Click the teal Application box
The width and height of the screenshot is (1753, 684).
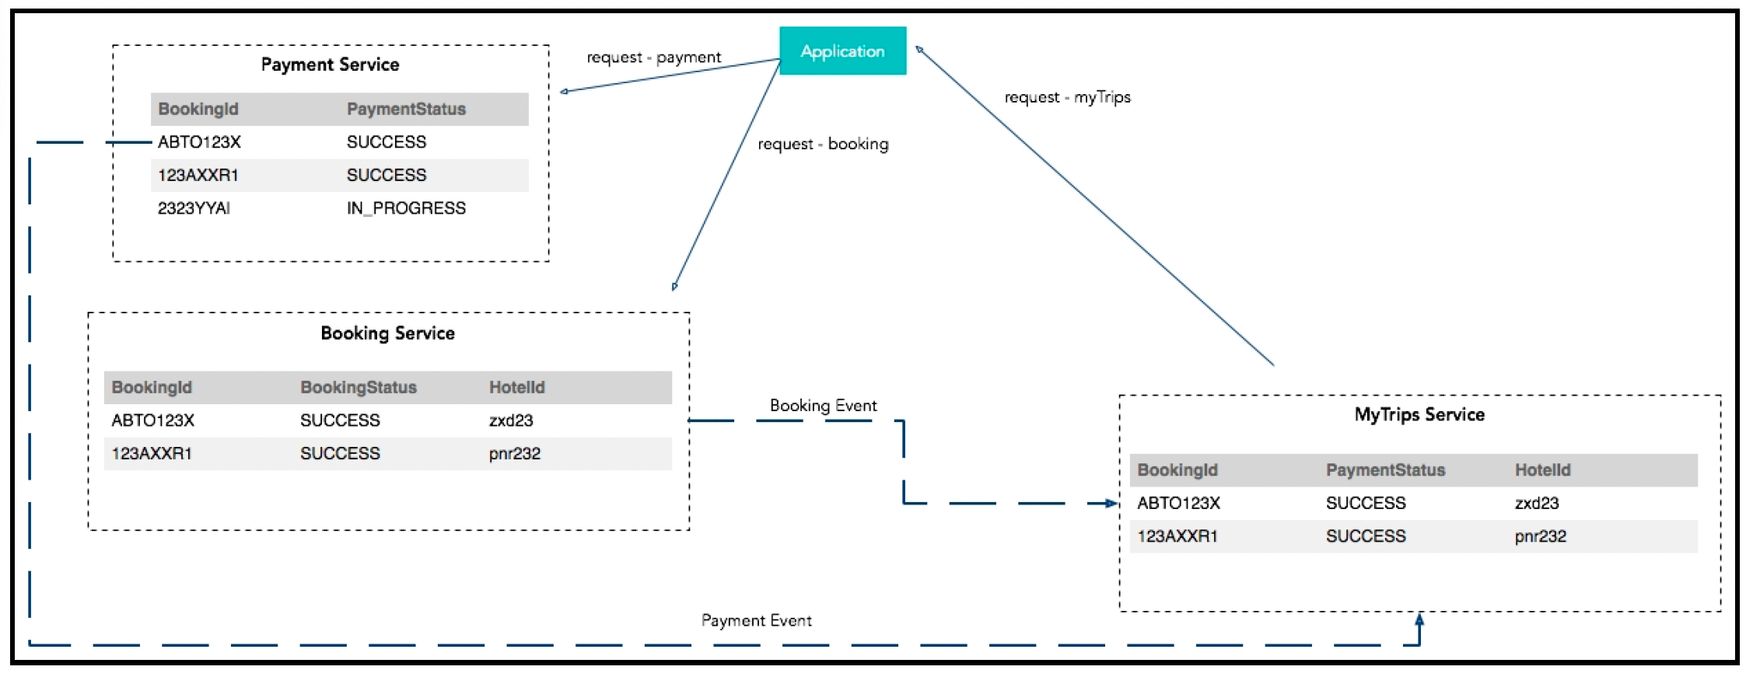(842, 51)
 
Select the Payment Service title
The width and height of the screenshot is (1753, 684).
(330, 65)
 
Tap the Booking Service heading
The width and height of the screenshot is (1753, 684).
(387, 333)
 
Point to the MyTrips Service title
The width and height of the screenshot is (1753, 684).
(1419, 415)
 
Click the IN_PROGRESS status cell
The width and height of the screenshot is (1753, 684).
(406, 208)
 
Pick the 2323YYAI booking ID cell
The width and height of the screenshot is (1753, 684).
(194, 208)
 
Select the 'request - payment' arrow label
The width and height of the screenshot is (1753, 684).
(653, 58)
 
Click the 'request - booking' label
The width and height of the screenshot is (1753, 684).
(823, 144)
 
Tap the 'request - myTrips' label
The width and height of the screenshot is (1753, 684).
(1067, 97)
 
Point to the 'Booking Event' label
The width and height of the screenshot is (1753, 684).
(823, 406)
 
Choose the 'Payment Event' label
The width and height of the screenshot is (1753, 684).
(756, 620)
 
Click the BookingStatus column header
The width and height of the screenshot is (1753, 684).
(359, 387)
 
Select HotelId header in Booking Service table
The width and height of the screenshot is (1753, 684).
(516, 387)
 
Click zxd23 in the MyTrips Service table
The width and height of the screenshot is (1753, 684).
(1536, 503)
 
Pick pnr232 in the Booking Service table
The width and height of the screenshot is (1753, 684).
(514, 453)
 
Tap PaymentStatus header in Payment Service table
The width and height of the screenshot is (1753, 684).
(406, 109)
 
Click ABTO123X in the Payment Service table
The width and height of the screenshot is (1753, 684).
(199, 141)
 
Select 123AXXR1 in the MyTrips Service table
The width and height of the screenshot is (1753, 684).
(1177, 536)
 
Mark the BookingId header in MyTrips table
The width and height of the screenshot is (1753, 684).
(1177, 470)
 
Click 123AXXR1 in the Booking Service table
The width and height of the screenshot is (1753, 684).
(152, 453)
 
